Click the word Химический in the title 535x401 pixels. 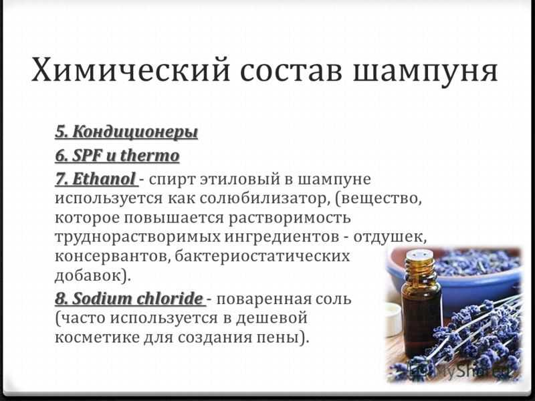tap(130, 70)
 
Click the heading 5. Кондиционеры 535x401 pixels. tap(126, 132)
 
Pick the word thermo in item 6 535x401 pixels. tap(150, 156)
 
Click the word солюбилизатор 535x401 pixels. tap(262, 198)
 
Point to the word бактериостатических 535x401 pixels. tap(262, 256)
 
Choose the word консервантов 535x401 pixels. tap(112, 257)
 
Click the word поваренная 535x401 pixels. tap(264, 299)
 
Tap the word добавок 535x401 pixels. tap(89, 275)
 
